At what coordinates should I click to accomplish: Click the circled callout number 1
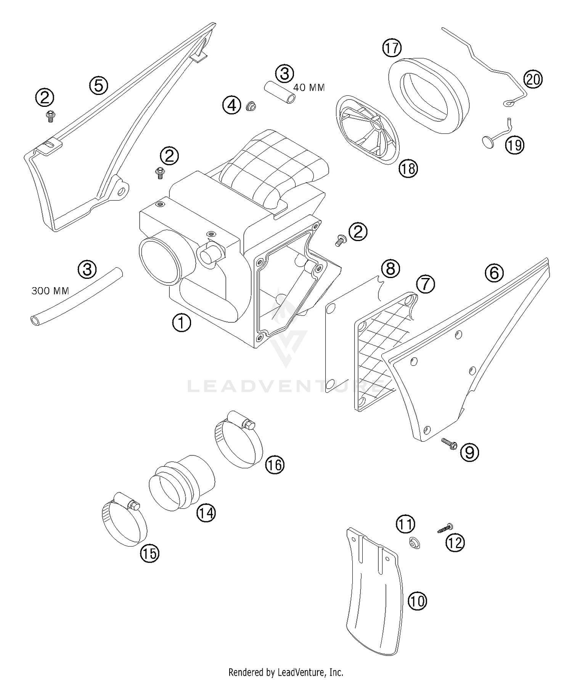click(182, 322)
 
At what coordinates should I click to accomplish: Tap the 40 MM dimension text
click(309, 88)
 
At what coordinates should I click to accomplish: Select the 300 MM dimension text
click(50, 291)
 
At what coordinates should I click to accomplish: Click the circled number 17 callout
click(392, 48)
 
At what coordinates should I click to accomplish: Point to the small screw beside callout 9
click(449, 442)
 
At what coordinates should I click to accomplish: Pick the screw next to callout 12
click(444, 529)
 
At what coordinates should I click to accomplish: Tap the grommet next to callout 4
click(251, 106)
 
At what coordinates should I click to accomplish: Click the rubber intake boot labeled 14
click(181, 482)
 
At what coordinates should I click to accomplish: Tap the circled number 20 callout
click(533, 79)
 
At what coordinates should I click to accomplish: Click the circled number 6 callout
click(494, 273)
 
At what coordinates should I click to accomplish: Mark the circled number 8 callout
click(390, 268)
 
